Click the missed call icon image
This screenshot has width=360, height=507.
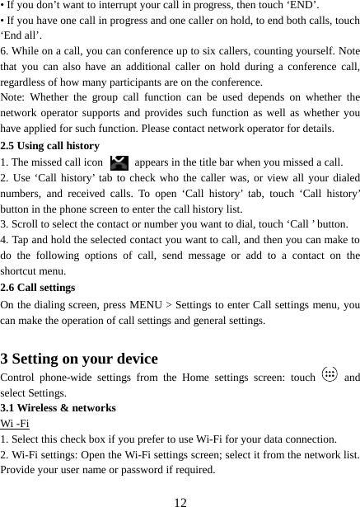118,162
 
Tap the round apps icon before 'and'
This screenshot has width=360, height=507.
330,376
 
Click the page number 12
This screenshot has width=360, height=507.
180,498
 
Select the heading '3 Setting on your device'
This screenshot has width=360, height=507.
80,359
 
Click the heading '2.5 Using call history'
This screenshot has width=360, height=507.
50,146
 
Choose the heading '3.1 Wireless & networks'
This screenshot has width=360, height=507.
58,408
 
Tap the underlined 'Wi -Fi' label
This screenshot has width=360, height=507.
16,424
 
